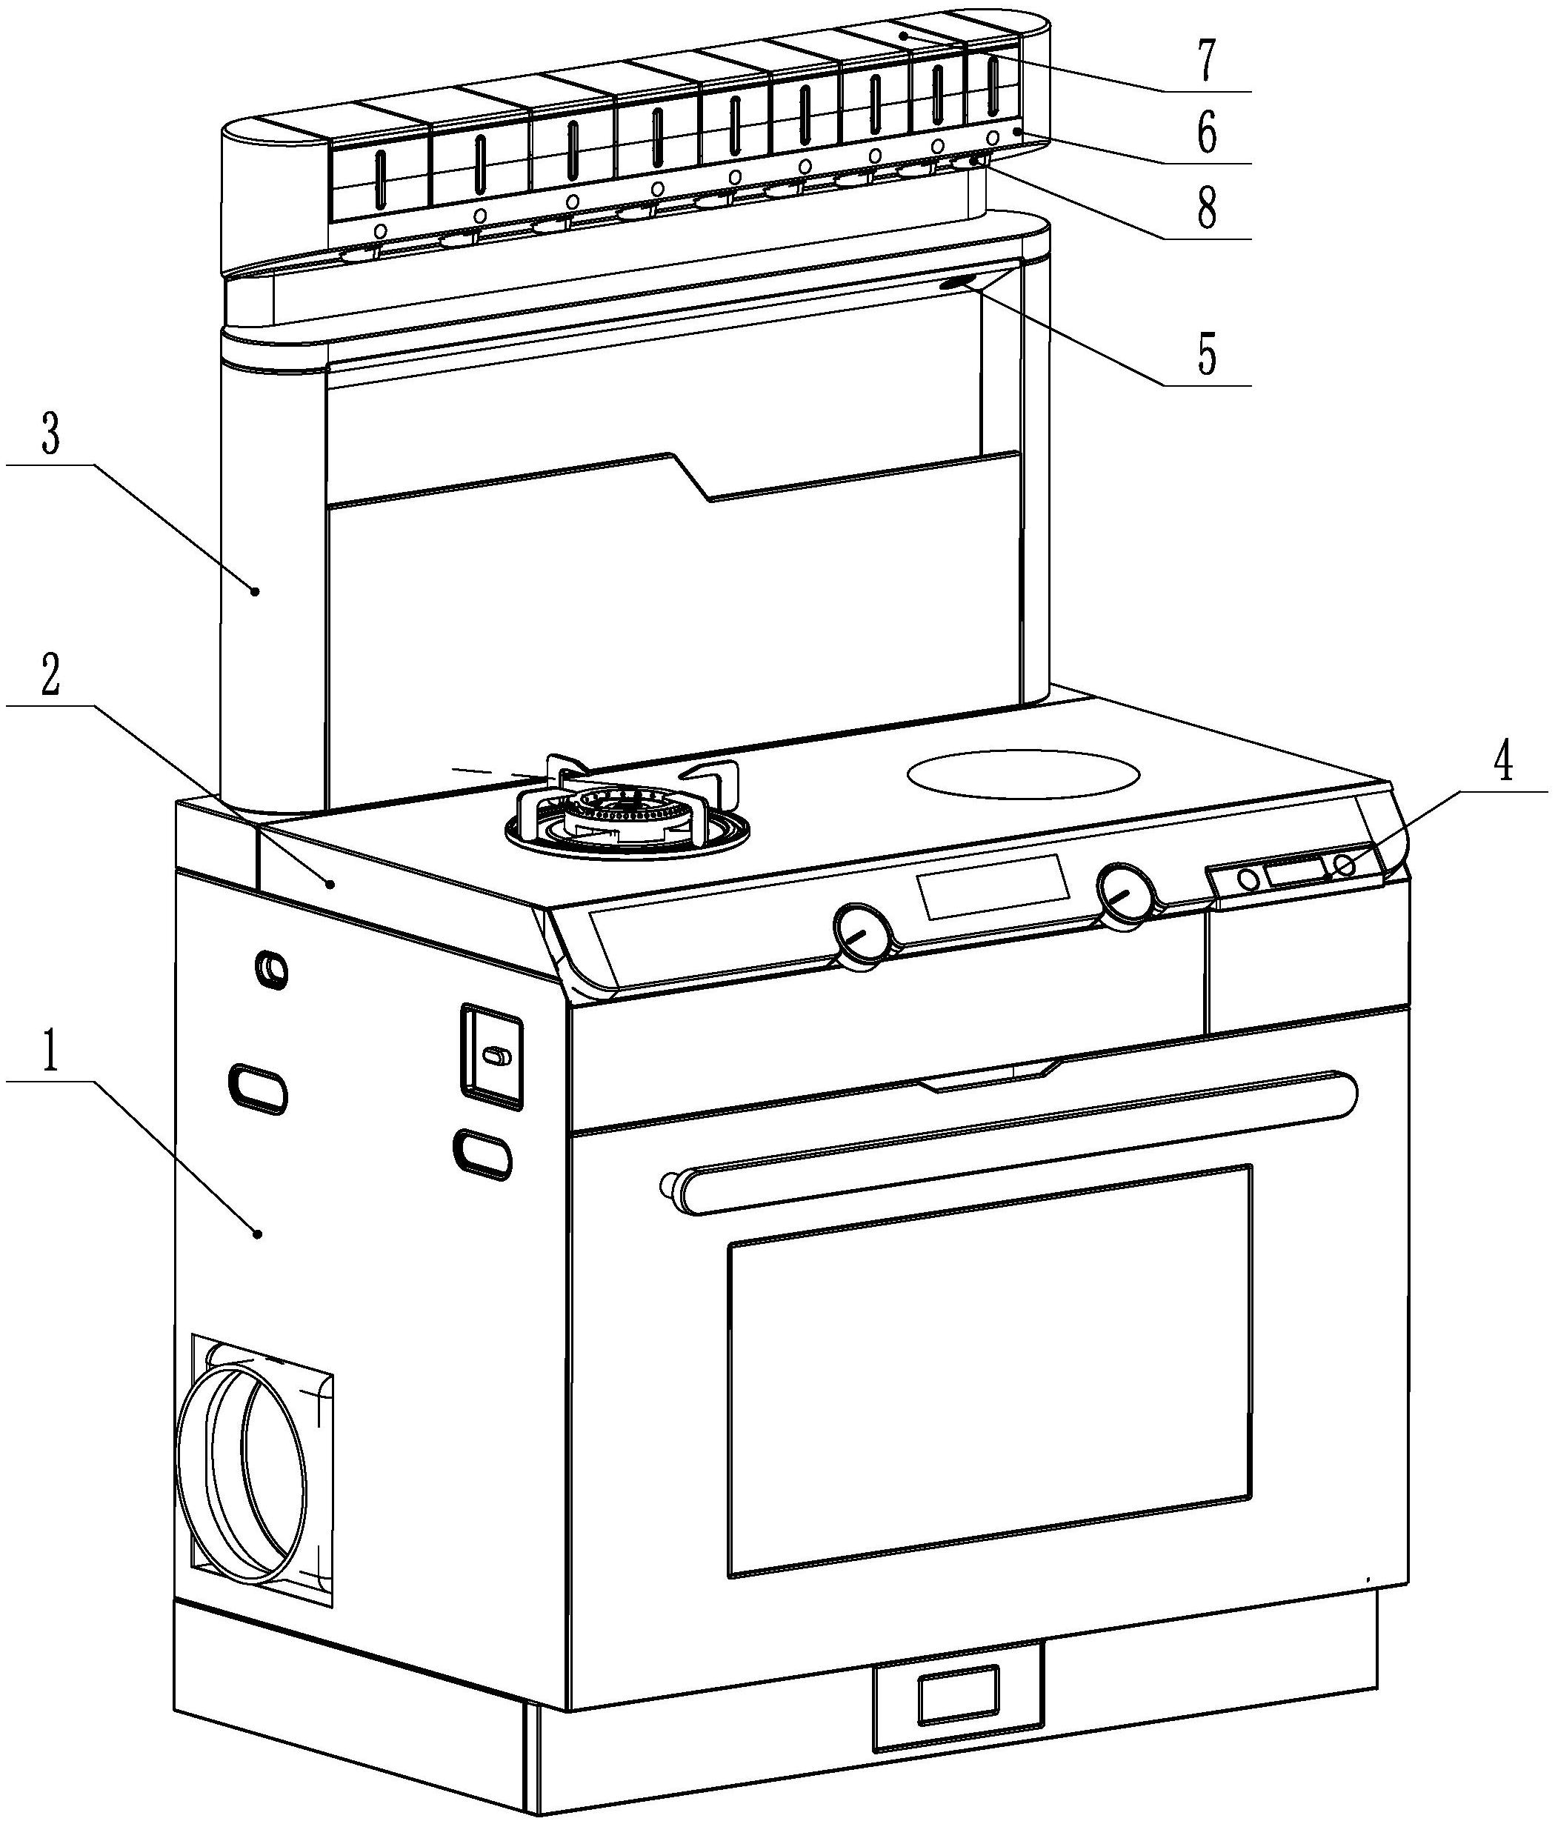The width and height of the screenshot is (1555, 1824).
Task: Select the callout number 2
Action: coord(51,676)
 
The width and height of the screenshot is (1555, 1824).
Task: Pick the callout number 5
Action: coord(1207,356)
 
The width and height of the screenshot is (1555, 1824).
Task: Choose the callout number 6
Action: coord(1207,135)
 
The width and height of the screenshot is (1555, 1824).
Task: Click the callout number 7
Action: coord(1207,61)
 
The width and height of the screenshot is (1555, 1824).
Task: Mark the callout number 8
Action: coord(1207,210)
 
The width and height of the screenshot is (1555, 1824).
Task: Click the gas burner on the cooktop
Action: coord(626,813)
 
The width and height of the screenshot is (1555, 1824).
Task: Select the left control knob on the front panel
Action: coord(861,935)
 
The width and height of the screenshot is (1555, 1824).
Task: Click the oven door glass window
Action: coord(988,1374)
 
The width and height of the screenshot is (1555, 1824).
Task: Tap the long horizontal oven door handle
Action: coord(1012,1142)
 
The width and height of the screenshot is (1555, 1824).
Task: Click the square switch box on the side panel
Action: coord(491,1054)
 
